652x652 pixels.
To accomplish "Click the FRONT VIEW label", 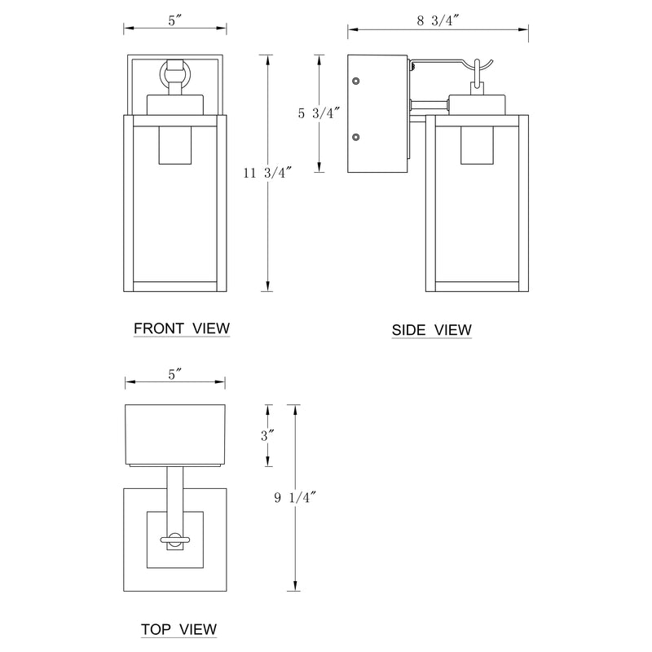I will coord(182,328).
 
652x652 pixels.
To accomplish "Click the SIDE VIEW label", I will coord(431,330).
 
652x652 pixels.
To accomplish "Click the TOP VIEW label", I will coord(178,629).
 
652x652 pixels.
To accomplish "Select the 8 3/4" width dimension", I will coord(438,22).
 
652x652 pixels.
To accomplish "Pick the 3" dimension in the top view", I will coord(266,436).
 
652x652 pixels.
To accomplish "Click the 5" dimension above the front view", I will coord(174,22).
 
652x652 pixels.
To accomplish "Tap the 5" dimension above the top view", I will coord(174,375).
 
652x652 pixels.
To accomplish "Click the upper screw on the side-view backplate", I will coord(355,81).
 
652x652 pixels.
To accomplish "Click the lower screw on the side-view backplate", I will coord(355,138).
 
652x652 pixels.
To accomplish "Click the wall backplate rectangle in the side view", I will coord(378,113).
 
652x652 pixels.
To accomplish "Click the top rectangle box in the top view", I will coord(174,433).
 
